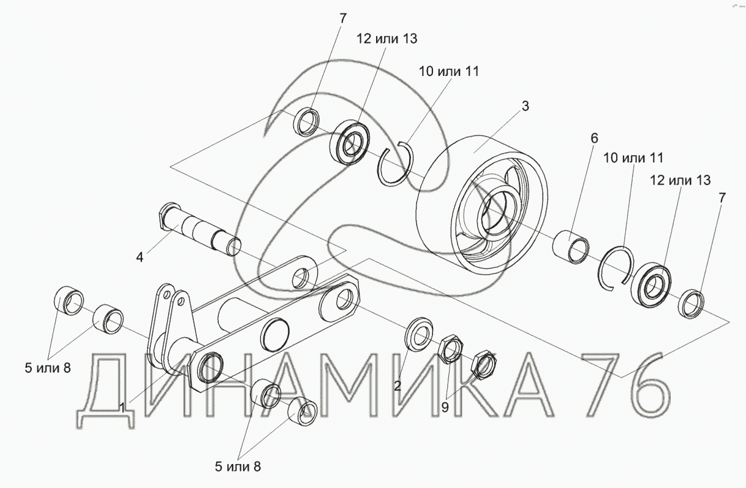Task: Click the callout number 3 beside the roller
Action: click(x=525, y=105)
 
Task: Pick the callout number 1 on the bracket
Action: click(x=122, y=406)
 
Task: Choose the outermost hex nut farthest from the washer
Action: click(x=484, y=365)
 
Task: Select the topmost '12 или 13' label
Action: click(x=387, y=39)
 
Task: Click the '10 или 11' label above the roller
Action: click(x=448, y=71)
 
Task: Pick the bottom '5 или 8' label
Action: click(x=237, y=466)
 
